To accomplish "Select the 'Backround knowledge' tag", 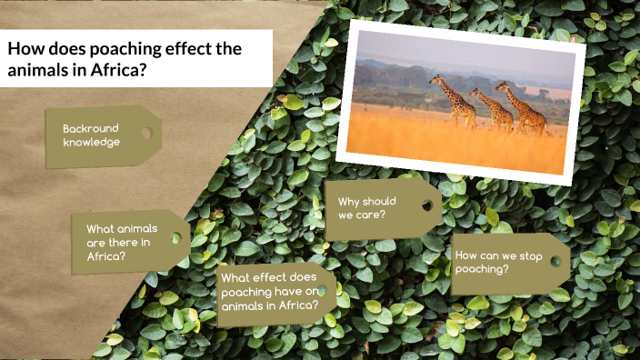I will coord(102,136).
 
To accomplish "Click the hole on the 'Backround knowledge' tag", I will coord(146,133).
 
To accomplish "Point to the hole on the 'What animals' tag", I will coord(175,238).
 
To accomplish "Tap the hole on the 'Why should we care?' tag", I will coord(426,205).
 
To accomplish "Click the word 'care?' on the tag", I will coord(370,215).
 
